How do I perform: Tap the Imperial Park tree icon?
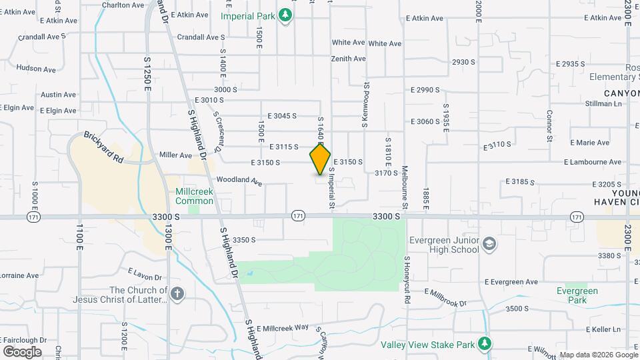285,15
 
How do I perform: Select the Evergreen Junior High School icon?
490,244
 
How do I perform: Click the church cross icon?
177,295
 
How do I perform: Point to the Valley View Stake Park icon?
485,344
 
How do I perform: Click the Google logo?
22,352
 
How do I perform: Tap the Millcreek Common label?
194,196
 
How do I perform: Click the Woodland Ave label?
239,180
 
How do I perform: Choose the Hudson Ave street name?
36,69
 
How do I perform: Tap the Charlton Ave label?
123,5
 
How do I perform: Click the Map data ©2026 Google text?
598,355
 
